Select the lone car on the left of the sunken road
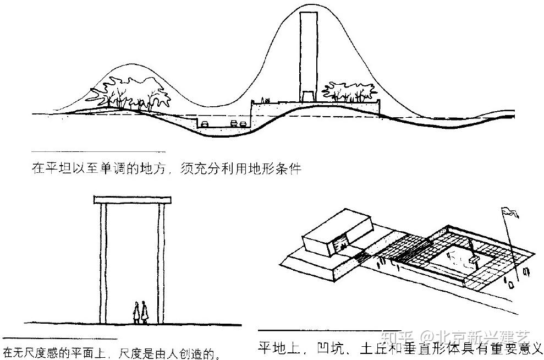pos(205,124)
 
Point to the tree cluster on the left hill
pos(130,93)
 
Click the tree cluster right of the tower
pos(349,92)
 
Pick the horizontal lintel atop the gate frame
pos(133,200)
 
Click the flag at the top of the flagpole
pos(510,212)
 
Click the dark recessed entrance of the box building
pos(340,242)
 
